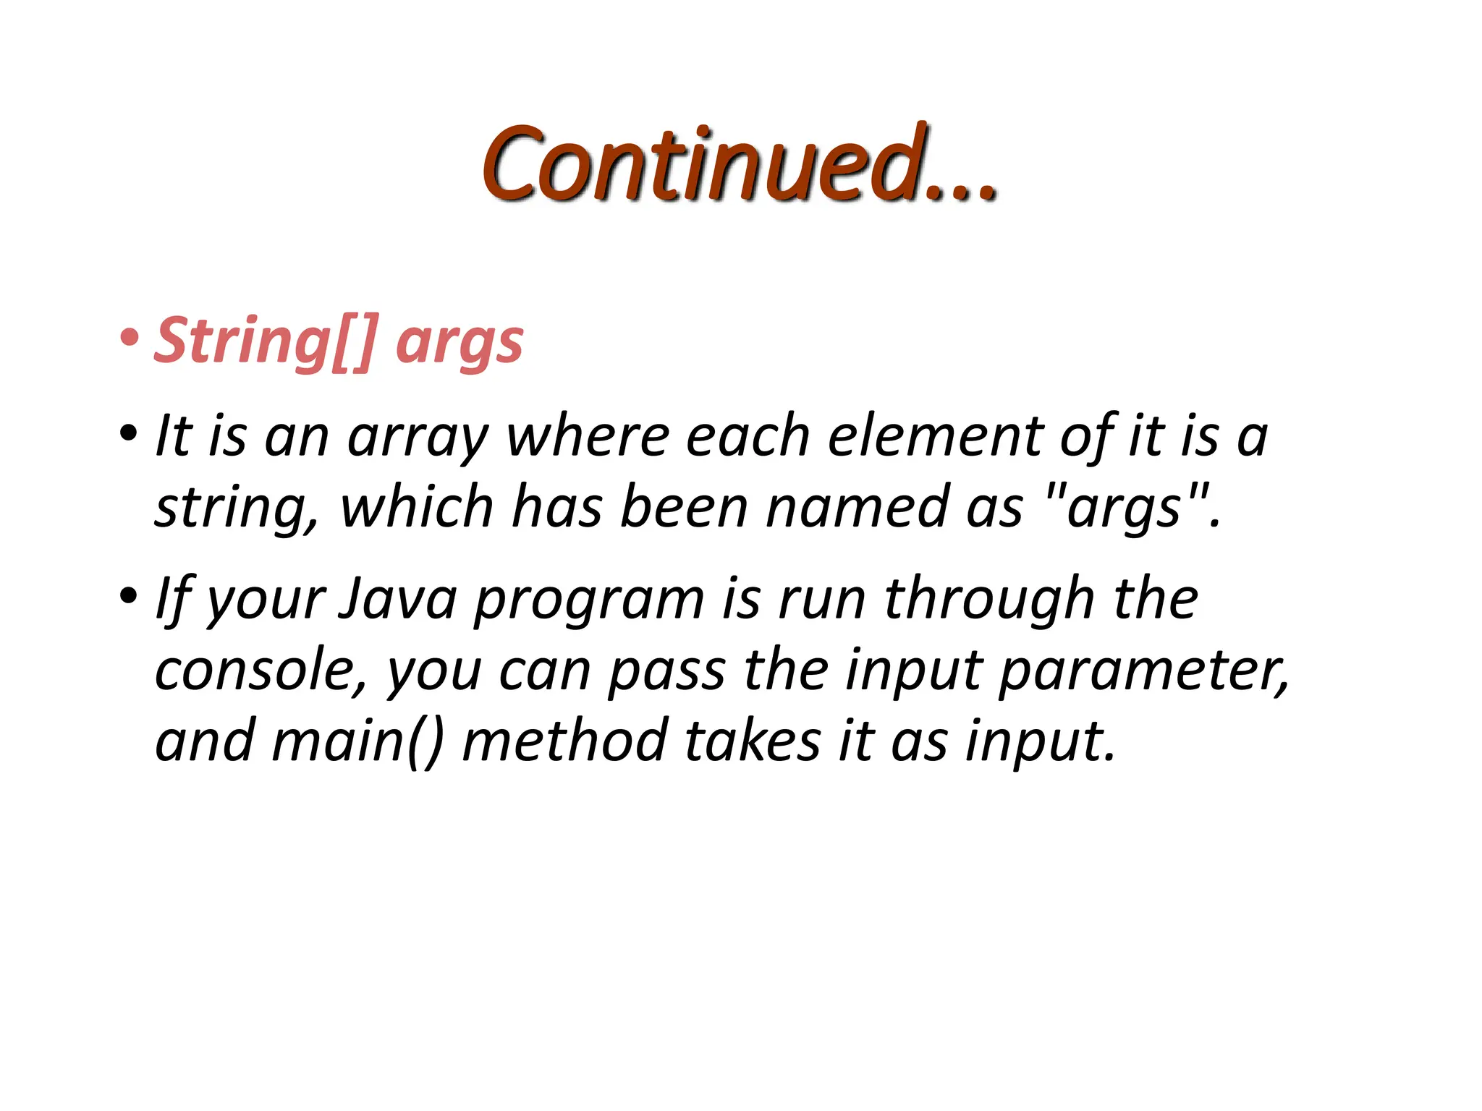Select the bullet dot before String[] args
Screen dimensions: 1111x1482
[130, 337]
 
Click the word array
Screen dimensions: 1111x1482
[418, 438]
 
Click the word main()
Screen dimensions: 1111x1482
[357, 741]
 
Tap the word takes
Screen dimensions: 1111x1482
[753, 741]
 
